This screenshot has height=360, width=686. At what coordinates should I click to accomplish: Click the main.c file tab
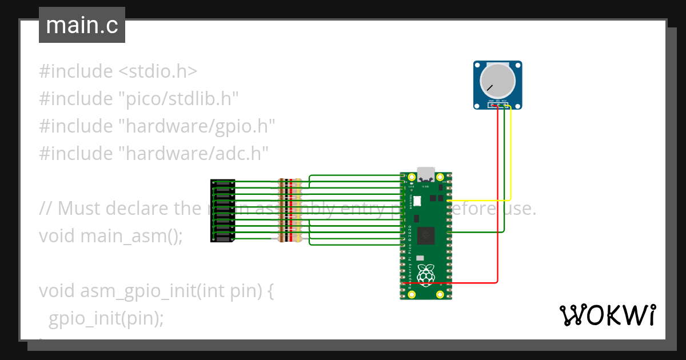(x=82, y=25)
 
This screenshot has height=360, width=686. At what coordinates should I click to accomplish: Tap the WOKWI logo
(x=607, y=315)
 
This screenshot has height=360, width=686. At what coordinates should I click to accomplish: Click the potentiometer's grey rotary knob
(x=497, y=81)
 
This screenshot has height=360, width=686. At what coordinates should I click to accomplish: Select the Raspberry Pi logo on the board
(x=426, y=275)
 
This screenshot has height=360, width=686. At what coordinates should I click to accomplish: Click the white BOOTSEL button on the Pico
(x=417, y=201)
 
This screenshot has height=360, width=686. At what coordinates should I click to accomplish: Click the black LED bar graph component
(x=222, y=210)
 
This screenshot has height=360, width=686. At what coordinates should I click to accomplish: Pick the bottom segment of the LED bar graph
(x=223, y=239)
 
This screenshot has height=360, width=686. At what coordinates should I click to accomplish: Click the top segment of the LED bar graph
(x=223, y=183)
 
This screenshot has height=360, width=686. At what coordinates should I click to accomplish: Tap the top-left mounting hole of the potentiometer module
(x=478, y=66)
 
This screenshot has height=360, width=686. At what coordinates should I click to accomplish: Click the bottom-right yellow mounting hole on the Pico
(x=440, y=294)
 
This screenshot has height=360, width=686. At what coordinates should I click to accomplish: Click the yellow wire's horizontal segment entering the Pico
(x=480, y=201)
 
